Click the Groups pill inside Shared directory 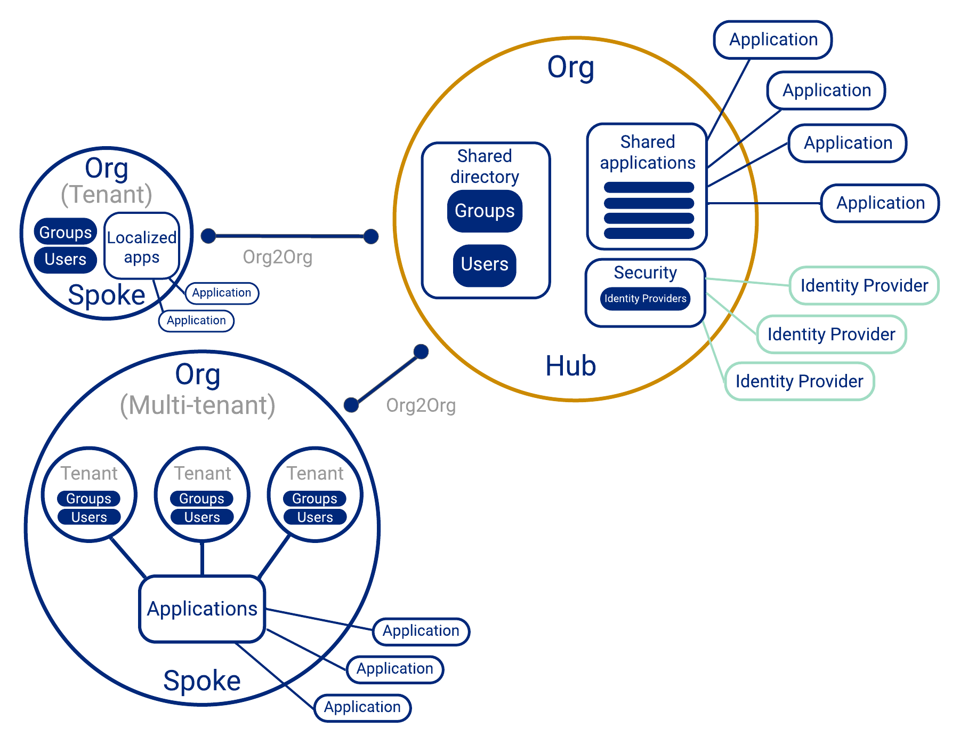(484, 211)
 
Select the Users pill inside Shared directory (484, 265)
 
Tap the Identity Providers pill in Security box (645, 299)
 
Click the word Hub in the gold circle (570, 366)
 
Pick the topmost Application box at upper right (772, 40)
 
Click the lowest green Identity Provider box (798, 381)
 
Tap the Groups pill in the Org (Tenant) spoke (65, 233)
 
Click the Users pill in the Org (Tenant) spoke (65, 260)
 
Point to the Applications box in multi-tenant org (202, 609)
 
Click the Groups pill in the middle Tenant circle (201, 499)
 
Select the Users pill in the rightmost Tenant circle (314, 517)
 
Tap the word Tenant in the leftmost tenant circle (89, 474)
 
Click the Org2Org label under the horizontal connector (277, 258)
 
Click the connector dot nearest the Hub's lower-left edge (421, 351)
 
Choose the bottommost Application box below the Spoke (362, 708)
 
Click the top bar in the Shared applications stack (648, 188)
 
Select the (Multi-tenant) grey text (197, 405)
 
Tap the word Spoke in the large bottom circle (201, 681)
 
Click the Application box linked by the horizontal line (880, 203)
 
